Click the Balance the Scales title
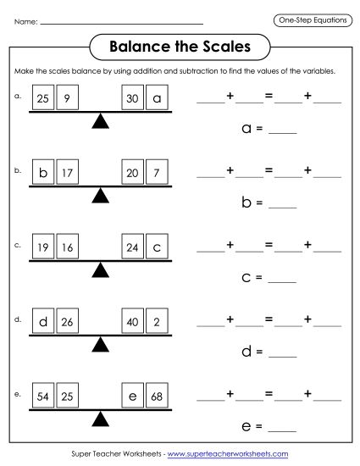coord(180,45)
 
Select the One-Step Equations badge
coord(313,19)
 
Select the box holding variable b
coord(43,174)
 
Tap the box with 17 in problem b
coord(68,174)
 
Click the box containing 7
coord(156,174)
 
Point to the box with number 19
coord(43,249)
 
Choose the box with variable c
coord(156,249)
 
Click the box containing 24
coord(132,249)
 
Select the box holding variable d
coord(43,323)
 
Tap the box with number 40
coord(132,323)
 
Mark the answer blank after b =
coord(285,206)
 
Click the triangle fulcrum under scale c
coord(101,270)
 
